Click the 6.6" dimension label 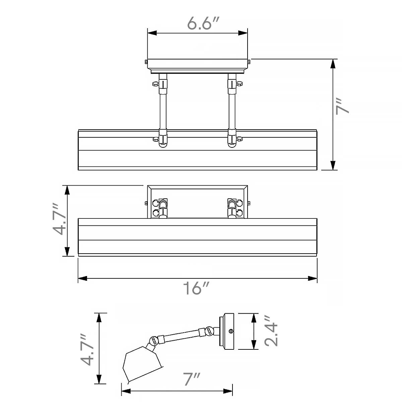coord(203,23)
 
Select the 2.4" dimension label coord(271,334)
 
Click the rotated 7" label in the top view coord(342,107)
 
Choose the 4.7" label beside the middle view coord(59,219)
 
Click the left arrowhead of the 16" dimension coord(83,278)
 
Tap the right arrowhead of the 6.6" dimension coord(243,33)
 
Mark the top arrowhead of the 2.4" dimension coord(254,318)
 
